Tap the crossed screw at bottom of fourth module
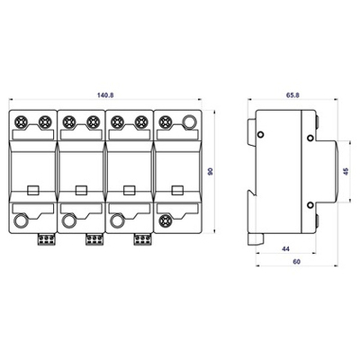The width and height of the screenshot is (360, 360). [165, 220]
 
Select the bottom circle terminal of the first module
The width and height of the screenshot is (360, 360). [22, 221]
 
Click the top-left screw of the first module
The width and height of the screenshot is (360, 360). [22, 120]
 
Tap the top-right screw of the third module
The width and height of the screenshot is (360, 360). [139, 120]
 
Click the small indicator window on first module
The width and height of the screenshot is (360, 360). [32, 190]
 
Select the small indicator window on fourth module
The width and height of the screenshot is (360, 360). [175, 190]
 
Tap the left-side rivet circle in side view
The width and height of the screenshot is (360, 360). [261, 137]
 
